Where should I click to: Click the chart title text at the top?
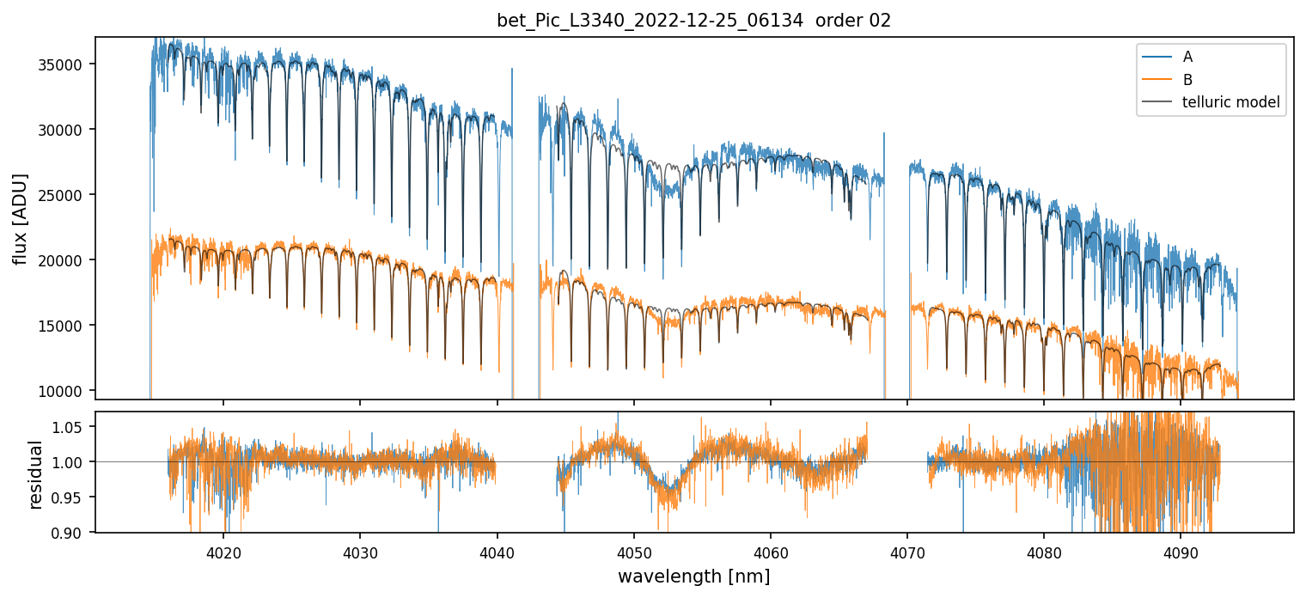(694, 21)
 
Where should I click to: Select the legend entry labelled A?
(1187, 57)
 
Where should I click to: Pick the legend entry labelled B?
(1187, 80)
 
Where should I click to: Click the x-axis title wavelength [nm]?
(694, 576)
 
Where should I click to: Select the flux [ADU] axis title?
(20, 218)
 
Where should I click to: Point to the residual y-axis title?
(35, 473)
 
